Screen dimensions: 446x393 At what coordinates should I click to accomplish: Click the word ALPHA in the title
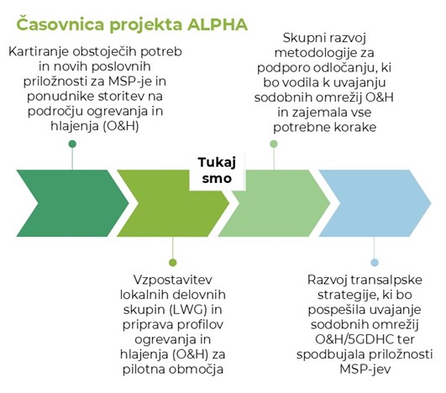tap(218, 24)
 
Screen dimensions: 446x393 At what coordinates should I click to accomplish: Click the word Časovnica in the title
tap(60, 24)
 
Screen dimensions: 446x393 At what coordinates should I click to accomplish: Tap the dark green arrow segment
tap(72, 203)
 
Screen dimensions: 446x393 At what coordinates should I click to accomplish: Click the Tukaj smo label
tap(217, 170)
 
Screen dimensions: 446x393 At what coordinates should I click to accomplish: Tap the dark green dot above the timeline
tap(72, 144)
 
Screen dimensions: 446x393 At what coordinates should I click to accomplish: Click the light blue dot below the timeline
tap(375, 262)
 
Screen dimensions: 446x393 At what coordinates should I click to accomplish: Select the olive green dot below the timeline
tap(173, 262)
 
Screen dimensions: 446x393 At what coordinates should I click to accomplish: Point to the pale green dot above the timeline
tap(274, 144)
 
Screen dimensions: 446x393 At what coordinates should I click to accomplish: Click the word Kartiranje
tap(39, 52)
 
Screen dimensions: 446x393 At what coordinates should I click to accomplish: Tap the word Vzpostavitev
tap(173, 280)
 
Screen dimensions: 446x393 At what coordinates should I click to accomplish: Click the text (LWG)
tap(188, 309)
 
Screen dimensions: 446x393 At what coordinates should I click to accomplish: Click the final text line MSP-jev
tap(365, 369)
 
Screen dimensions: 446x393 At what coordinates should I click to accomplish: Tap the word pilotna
tap(144, 369)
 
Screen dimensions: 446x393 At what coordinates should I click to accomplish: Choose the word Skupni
tap(302, 39)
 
